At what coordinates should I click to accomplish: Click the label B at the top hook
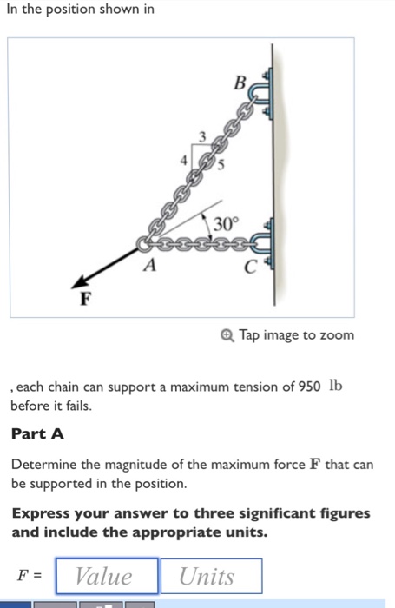[240, 84]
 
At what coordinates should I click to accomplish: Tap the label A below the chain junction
[149, 268]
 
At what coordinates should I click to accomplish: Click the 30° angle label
[226, 223]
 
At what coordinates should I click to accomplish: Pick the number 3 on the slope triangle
[203, 136]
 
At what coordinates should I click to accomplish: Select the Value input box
[107, 576]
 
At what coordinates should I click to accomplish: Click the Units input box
[210, 576]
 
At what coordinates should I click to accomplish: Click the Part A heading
[37, 433]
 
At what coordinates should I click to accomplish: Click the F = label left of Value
[30, 576]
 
